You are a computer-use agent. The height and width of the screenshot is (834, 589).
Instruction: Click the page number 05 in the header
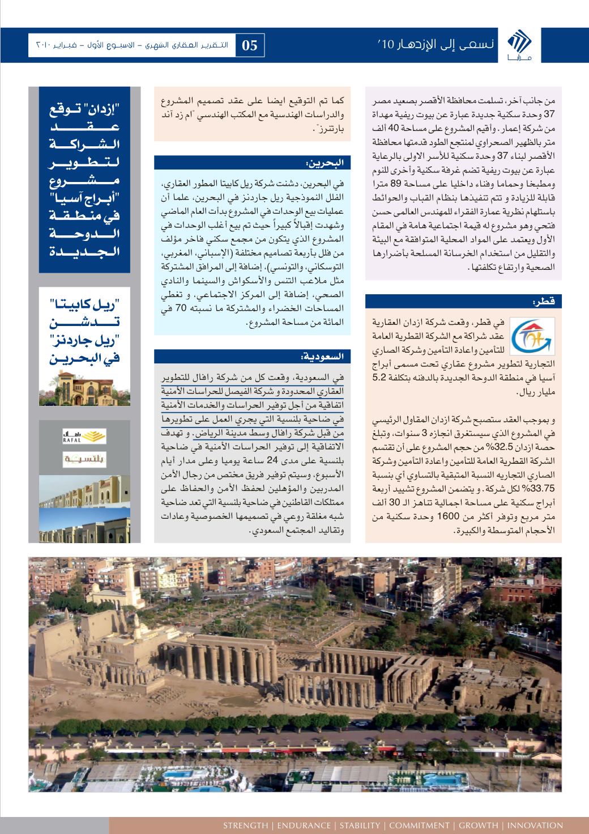(250, 45)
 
